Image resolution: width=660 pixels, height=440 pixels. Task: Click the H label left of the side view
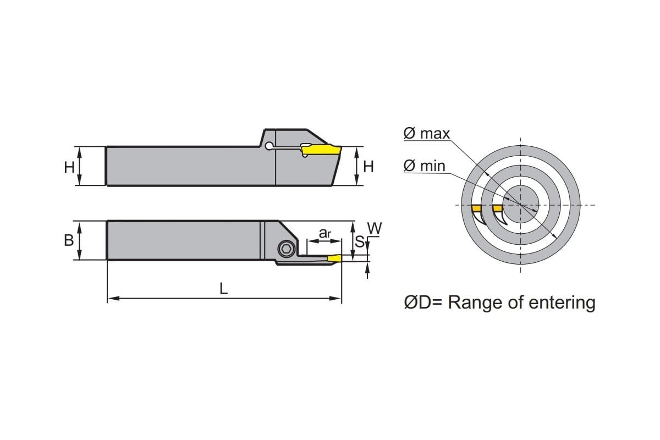pos(69,167)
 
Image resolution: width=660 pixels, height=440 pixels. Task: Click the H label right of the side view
pos(369,167)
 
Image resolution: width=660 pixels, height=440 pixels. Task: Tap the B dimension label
pos(69,240)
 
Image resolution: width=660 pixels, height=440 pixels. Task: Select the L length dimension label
pos(224,289)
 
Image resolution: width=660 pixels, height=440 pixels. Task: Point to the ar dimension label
pos(325,233)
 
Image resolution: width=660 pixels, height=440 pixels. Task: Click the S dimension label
pos(359,241)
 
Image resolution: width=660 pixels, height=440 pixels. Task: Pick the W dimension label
pos(374,228)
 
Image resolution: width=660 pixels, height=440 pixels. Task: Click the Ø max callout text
pos(426,133)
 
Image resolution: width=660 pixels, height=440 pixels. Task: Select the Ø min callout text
pos(424,166)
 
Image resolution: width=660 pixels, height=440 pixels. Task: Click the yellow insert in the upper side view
pos(322,150)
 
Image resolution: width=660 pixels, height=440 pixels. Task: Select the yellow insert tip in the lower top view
pos(334,258)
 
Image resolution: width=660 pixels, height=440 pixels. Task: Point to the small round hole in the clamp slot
pos(268,146)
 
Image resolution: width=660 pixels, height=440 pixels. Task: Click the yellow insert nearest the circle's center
pos(497,208)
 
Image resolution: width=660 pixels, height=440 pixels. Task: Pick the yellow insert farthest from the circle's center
pos(476,208)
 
